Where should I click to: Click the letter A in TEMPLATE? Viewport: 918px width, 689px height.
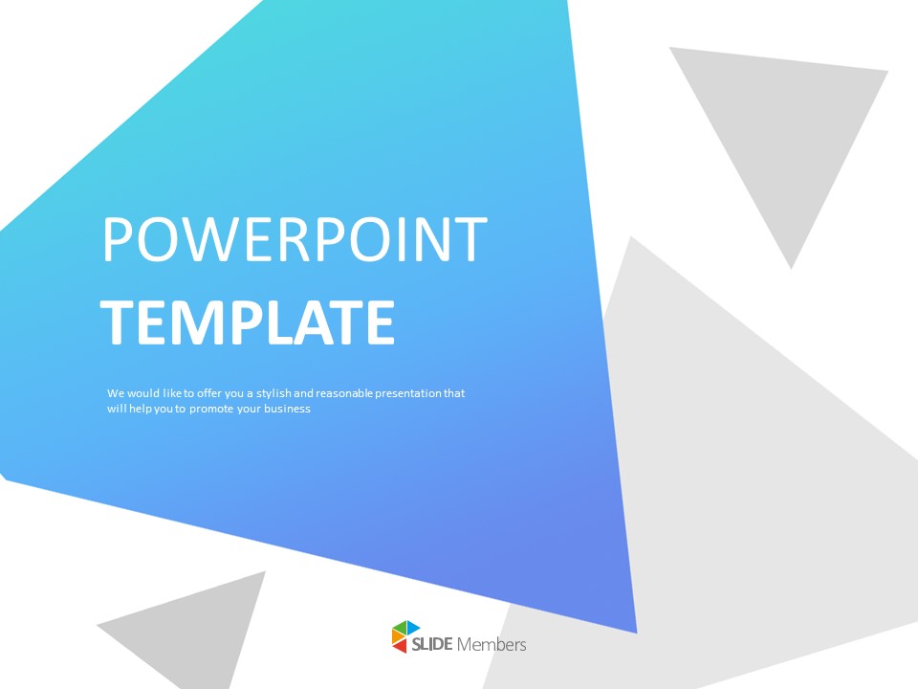tap(321, 323)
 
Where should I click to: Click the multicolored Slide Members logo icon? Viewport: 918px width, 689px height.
tap(405, 636)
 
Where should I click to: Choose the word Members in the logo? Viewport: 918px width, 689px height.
tap(492, 644)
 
